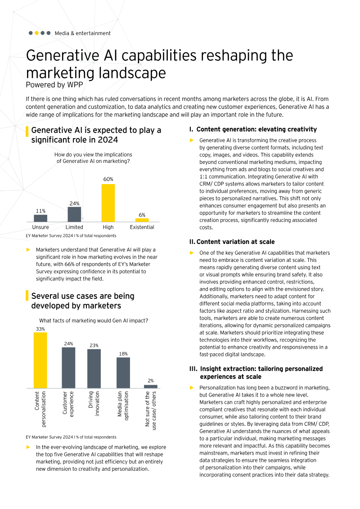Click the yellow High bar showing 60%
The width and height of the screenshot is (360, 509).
[108, 203]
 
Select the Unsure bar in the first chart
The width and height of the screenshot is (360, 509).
[40, 218]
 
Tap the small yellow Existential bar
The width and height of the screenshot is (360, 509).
[142, 220]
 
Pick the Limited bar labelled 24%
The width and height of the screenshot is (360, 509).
[74, 214]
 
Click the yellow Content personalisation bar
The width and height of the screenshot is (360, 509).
[40, 360]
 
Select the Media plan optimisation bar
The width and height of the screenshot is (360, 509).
[123, 373]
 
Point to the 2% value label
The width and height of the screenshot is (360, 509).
[151, 381]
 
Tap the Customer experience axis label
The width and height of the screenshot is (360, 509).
[68, 403]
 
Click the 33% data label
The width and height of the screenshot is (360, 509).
[40, 329]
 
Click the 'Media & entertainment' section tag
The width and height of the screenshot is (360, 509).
[82, 33]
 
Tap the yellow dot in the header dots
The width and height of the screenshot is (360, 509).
[36, 33]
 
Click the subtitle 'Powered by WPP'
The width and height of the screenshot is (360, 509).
[54, 84]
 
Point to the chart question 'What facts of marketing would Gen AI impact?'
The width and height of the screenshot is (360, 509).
[94, 321]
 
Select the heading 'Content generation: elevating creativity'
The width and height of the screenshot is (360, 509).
[256, 129]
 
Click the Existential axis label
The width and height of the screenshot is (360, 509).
[142, 227]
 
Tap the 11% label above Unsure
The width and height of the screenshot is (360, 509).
[40, 211]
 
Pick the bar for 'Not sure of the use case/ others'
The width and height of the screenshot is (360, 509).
[151, 386]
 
